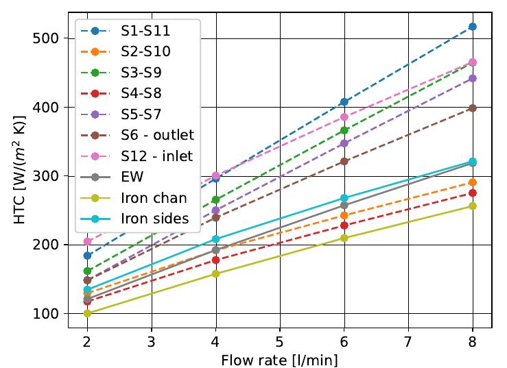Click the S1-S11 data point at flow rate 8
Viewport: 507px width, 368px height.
472,27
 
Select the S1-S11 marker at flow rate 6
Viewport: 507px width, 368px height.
344,102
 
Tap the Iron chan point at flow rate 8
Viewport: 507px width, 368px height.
472,206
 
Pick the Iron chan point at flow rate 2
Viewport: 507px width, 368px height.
87,313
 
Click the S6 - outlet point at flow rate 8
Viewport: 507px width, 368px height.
472,108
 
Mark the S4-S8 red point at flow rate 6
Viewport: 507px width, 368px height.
344,225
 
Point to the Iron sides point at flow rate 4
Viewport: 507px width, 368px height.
215,239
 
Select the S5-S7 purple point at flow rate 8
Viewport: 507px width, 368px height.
472,79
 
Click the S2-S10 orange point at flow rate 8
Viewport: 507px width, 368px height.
472,183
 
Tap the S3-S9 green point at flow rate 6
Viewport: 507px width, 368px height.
344,130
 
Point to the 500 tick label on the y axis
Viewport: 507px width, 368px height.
53,38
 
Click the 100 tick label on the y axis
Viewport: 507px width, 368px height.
53,314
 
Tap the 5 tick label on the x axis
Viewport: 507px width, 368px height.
280,341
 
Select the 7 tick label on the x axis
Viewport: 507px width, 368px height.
408,341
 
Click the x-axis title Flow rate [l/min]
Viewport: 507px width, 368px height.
280,358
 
